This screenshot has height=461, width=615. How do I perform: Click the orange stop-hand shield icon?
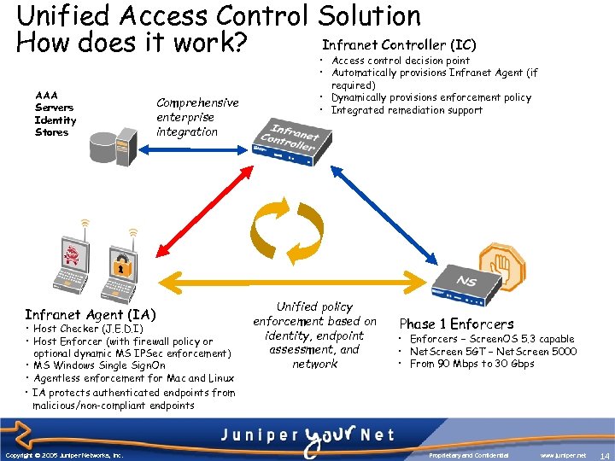tap(501, 264)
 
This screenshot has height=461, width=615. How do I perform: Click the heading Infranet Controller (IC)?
tap(399, 44)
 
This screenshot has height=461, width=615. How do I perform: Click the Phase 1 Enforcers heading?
tap(456, 324)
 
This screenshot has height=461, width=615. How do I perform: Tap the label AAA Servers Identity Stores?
tap(56, 114)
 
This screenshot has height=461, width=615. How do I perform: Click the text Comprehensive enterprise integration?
tap(197, 117)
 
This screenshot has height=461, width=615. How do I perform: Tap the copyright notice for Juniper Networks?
tap(63, 455)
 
